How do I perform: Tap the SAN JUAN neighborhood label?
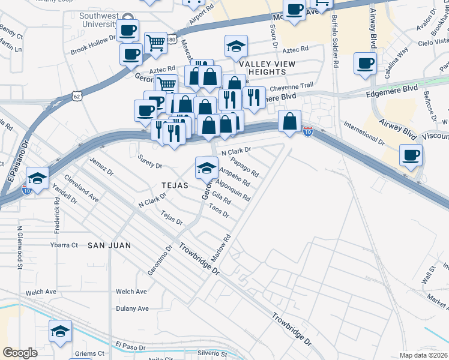pos(109,245)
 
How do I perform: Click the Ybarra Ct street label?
pos(64,245)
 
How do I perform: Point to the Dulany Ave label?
pos(132,308)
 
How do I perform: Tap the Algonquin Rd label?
pos(232,190)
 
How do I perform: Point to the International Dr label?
pos(364,134)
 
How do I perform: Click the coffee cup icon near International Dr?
pos(411,155)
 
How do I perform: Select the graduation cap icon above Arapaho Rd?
pos(206,167)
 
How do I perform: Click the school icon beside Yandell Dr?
pos(37,178)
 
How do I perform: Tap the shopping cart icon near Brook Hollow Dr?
pos(156,42)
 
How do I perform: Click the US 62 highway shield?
pos(76,95)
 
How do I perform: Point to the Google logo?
pos(20,353)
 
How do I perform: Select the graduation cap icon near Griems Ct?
pos(60,332)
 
